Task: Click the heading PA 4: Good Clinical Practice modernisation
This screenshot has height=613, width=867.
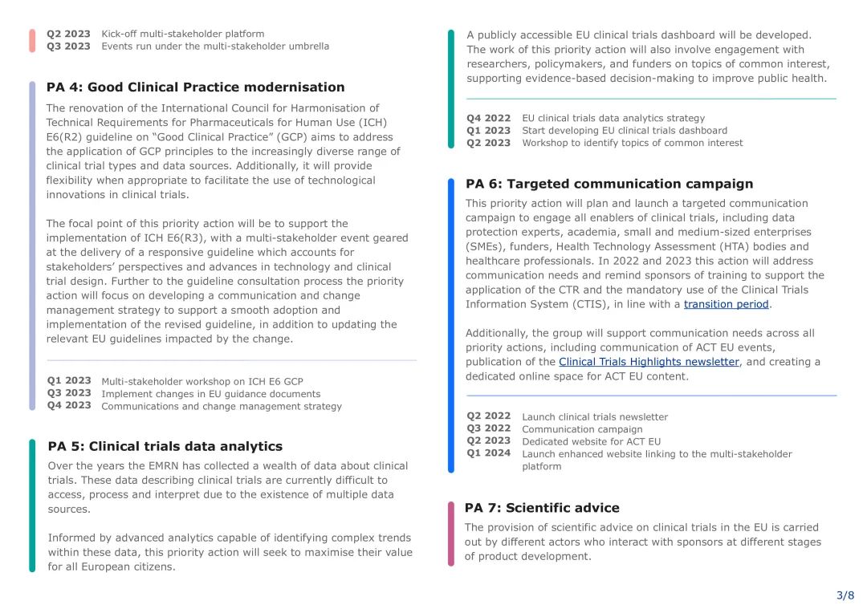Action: coord(195,87)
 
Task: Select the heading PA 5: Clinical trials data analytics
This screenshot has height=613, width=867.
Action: coord(165,446)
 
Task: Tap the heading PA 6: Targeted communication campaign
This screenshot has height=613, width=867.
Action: coord(609,184)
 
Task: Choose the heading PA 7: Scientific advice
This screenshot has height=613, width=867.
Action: coord(542,508)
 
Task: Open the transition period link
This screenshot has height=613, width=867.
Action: coord(727,304)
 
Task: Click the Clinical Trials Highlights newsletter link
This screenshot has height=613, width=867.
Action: coord(649,362)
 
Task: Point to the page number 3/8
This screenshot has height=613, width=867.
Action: coord(845,595)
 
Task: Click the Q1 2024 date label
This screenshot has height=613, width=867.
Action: coord(488,453)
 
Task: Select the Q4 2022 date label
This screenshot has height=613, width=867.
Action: coord(488,118)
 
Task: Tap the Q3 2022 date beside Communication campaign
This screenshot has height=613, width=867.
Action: coord(488,428)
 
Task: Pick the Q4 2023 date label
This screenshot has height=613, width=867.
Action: coord(68,405)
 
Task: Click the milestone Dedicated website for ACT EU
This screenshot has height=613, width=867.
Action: coord(591,441)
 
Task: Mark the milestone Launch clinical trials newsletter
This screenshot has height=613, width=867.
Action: coord(594,416)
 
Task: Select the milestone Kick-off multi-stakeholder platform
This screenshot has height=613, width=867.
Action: coord(182,34)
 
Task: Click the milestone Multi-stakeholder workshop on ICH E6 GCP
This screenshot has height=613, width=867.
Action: coord(202,381)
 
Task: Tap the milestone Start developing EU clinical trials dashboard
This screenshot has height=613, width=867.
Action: coord(625,130)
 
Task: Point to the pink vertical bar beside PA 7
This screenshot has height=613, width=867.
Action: coord(451,533)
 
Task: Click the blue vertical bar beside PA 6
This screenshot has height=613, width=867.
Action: coord(451,324)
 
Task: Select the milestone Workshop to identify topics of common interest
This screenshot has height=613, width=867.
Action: coord(632,143)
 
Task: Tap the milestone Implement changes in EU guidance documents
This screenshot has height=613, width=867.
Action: coord(210,394)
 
